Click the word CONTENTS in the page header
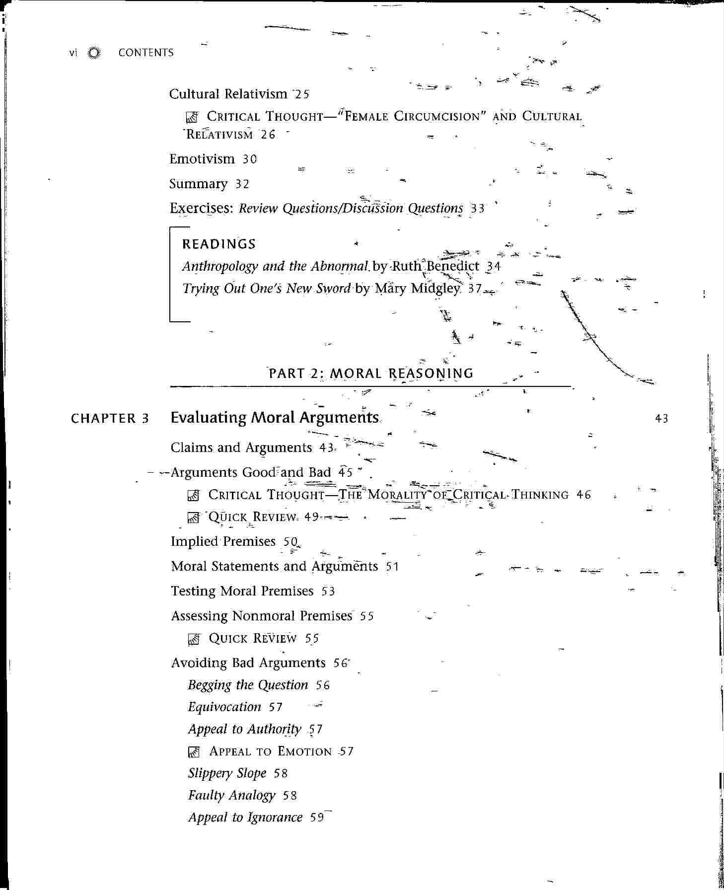(145, 53)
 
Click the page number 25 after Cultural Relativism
(302, 94)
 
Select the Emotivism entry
(202, 159)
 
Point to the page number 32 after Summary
(242, 184)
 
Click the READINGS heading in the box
(219, 244)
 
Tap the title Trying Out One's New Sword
(267, 289)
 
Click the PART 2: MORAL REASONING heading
(371, 373)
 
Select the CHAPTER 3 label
(110, 419)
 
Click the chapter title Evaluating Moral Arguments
(275, 418)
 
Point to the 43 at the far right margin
(661, 419)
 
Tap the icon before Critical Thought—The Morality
(194, 495)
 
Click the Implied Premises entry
(223, 541)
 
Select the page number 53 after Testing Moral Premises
(328, 592)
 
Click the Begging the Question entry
(248, 685)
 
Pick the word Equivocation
(224, 707)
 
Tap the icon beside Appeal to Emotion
(194, 752)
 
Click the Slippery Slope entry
(227, 774)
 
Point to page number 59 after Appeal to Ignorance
(317, 818)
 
